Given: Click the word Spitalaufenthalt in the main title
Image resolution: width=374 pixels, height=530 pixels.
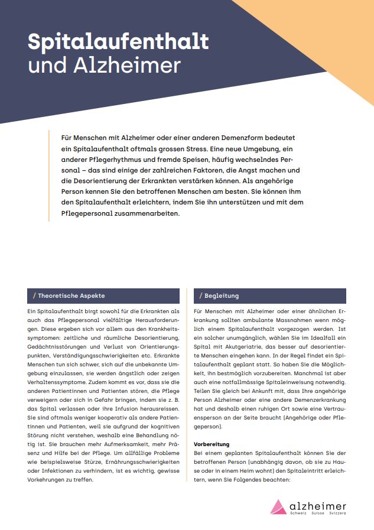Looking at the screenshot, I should pyautogui.click(x=118, y=42).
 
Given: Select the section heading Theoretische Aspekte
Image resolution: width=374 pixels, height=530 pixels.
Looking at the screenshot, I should pyautogui.click(x=71, y=295).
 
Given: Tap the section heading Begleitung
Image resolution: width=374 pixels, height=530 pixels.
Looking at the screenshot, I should pyautogui.click(x=222, y=295).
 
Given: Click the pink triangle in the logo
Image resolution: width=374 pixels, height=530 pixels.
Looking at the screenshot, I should pyautogui.click(x=278, y=506).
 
